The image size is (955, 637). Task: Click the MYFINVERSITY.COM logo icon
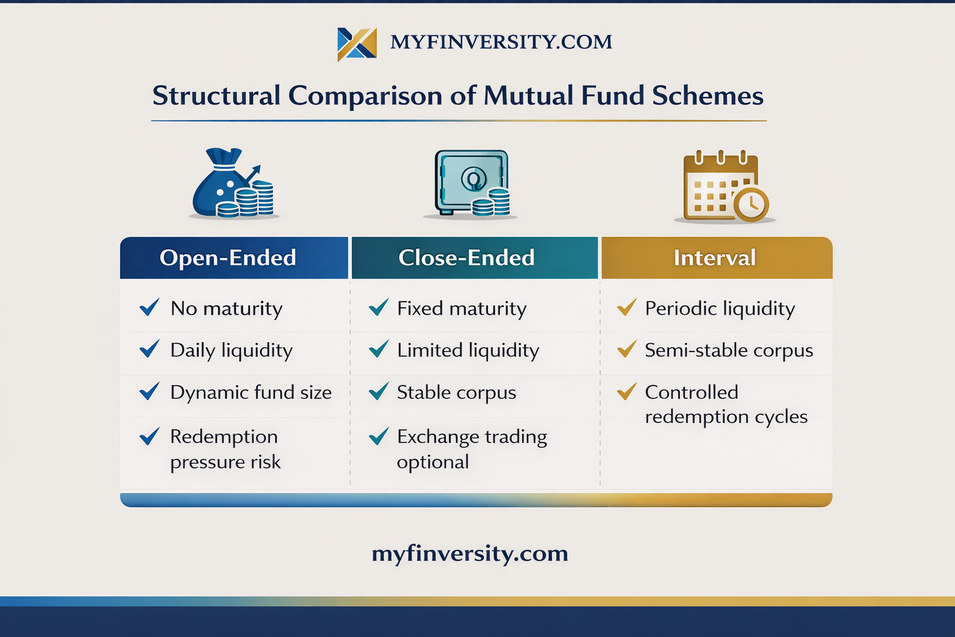tap(357, 44)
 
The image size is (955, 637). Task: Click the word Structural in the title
tap(216, 95)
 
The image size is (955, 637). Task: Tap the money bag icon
tap(233, 183)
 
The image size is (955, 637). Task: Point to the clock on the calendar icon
tap(751, 204)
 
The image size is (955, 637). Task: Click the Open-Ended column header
tap(234, 258)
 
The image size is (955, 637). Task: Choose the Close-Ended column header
tap(475, 258)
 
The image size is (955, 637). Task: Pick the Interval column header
tap(717, 258)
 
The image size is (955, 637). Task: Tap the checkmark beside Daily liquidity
tap(150, 348)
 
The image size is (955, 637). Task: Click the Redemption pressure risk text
tap(226, 449)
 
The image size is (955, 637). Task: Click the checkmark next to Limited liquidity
tap(379, 348)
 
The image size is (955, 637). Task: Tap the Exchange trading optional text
tap(472, 449)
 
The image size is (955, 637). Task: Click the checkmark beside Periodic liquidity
tap(627, 307)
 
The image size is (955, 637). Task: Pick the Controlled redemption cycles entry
tap(726, 404)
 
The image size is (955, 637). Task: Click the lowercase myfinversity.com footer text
tap(470, 554)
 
